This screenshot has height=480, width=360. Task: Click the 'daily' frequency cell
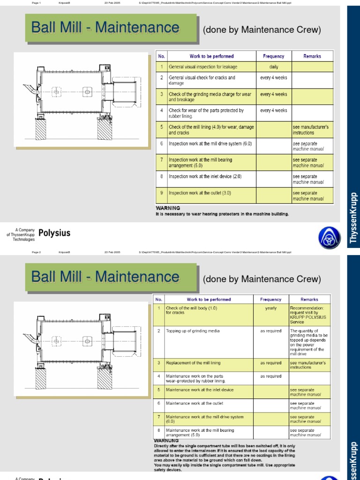pyautogui.click(x=273, y=67)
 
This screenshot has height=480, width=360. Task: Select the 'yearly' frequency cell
pyautogui.click(x=271, y=308)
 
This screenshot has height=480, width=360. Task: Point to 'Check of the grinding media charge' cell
pyautogui.click(x=210, y=97)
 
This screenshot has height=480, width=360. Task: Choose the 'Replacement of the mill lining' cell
pyautogui.click(x=193, y=363)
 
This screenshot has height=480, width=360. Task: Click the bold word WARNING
pyautogui.click(x=168, y=208)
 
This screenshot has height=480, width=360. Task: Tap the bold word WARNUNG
pyautogui.click(x=166, y=441)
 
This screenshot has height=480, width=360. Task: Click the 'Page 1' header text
pyautogui.click(x=37, y=3)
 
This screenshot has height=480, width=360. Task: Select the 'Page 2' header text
pyautogui.click(x=37, y=252)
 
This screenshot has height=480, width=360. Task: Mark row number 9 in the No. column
pyautogui.click(x=161, y=193)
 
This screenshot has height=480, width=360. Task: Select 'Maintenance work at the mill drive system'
pyautogui.click(x=205, y=419)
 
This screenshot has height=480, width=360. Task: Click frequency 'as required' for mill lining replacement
pyautogui.click(x=271, y=363)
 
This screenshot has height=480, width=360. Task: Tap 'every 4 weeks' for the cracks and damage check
pyautogui.click(x=273, y=78)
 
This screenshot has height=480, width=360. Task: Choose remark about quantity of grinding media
pyautogui.click(x=309, y=342)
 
